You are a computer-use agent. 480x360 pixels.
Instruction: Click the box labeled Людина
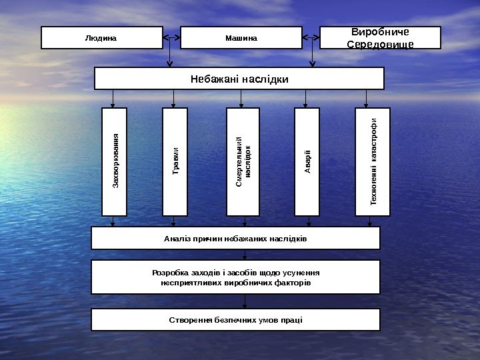[101, 38]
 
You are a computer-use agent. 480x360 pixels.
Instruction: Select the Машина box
[241, 38]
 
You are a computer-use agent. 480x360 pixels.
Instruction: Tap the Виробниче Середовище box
[381, 38]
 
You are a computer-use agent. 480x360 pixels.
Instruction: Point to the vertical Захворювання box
[114, 162]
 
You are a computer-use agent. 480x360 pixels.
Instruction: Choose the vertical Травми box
[175, 162]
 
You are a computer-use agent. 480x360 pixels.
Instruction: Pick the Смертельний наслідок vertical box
[243, 162]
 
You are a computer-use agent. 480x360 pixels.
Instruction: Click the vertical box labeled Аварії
[307, 162]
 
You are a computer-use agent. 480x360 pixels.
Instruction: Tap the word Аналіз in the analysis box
[177, 238]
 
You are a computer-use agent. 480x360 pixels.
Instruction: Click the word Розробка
[171, 273]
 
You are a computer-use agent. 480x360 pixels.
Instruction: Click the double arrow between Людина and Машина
[171, 37]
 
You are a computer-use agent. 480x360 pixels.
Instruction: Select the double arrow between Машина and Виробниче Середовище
[311, 37]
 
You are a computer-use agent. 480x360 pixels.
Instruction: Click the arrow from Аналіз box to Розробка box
[245, 255]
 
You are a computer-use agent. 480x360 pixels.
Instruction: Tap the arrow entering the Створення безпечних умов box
[245, 301]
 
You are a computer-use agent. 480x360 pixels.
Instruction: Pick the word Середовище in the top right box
[381, 44]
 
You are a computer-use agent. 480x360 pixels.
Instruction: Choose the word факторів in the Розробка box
[291, 283]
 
